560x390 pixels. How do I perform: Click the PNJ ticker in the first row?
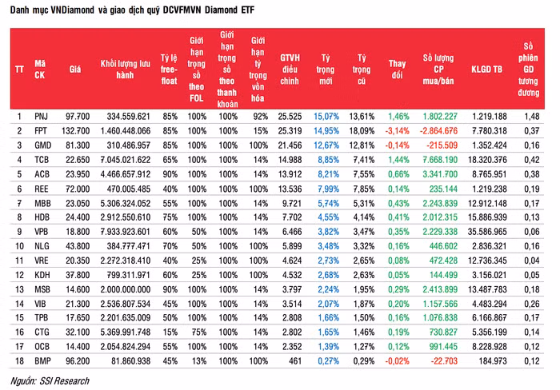point(42,117)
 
